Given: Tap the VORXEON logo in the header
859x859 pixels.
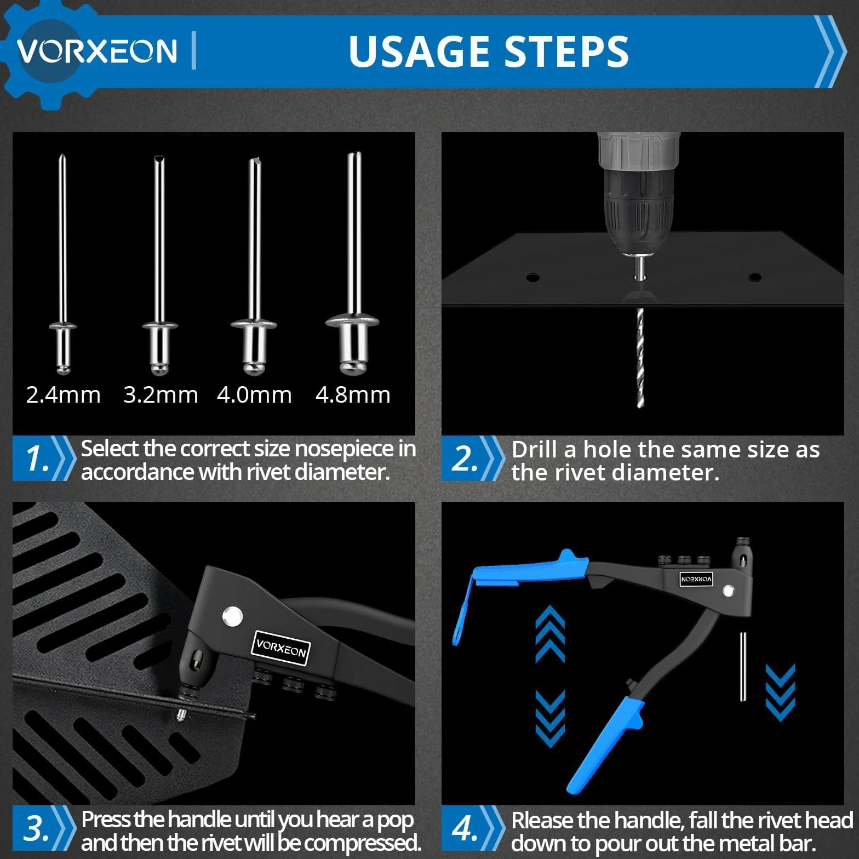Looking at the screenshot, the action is [x=97, y=51].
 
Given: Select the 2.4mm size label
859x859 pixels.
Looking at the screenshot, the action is [x=64, y=395].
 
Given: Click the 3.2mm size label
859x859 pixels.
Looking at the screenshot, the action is [x=161, y=395].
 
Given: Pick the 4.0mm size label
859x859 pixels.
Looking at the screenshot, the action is [x=254, y=395].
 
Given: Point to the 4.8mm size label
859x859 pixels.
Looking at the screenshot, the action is [x=353, y=395].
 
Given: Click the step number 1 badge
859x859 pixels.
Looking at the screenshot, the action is [x=38, y=459].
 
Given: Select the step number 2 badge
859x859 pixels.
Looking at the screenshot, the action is [x=465, y=459].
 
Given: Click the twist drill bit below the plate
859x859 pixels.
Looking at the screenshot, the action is [x=640, y=358].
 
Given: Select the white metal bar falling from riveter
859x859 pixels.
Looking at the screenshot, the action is [x=743, y=666].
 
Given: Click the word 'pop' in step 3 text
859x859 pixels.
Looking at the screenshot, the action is [x=396, y=820].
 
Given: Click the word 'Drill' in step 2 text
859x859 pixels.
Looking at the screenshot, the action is [x=536, y=449].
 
